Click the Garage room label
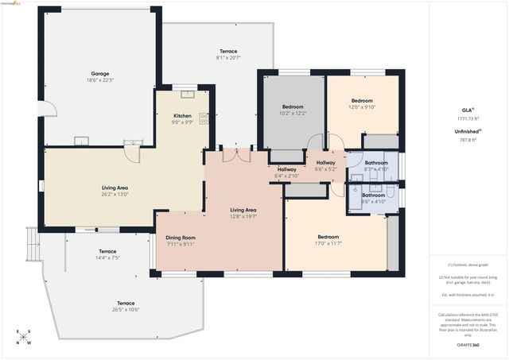tap(99, 74)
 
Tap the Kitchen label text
tap(183, 115)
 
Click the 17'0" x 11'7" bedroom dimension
tap(328, 243)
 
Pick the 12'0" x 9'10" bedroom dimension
tap(362, 107)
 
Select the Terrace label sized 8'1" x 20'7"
tap(227, 58)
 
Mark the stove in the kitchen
tap(204, 118)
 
